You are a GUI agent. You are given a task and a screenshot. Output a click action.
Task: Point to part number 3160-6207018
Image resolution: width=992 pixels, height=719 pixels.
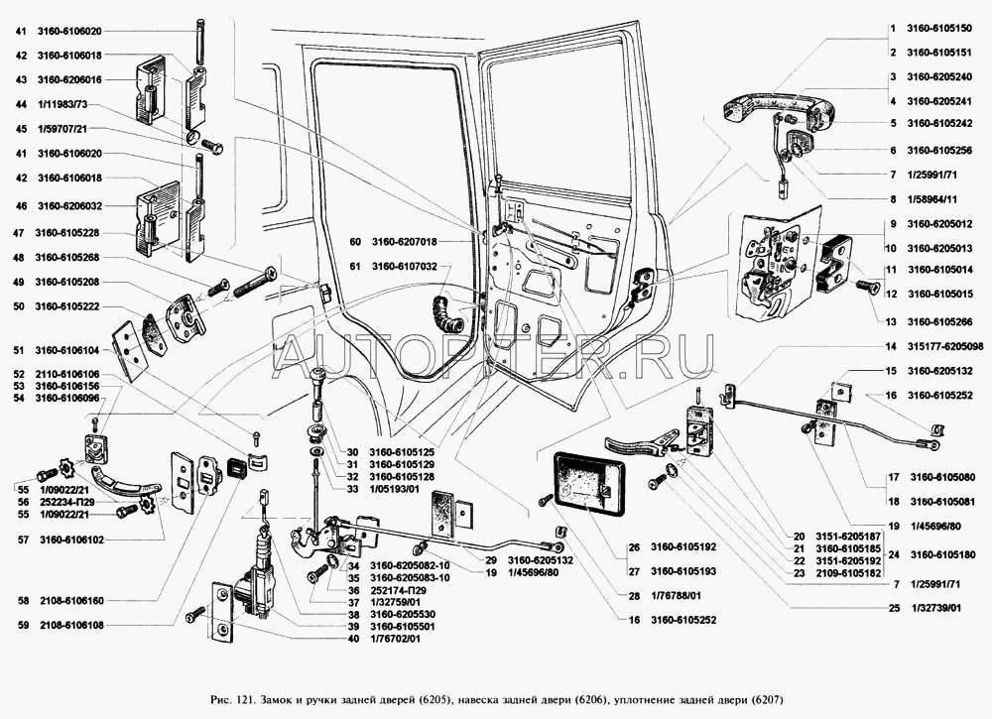click(406, 242)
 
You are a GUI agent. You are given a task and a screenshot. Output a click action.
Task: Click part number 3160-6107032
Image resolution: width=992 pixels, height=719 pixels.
click(406, 266)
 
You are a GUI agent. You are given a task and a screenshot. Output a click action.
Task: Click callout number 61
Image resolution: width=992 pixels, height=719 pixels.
click(355, 266)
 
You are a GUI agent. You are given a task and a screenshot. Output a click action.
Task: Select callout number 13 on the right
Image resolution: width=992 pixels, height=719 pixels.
click(892, 320)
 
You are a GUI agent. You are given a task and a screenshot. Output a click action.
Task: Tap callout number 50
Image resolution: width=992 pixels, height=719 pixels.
click(20, 306)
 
